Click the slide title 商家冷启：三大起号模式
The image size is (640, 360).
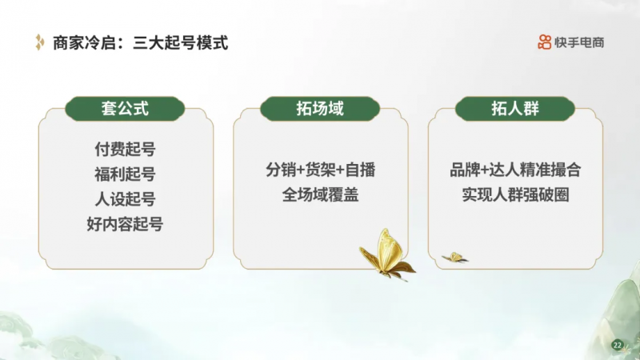(141, 43)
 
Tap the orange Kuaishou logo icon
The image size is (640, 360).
(545, 42)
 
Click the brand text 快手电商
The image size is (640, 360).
(579, 42)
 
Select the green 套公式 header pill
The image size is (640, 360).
(125, 109)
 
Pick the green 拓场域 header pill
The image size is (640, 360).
(320, 109)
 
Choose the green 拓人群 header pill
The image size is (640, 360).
(515, 109)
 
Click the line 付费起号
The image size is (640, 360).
(125, 150)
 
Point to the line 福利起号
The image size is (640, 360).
(125, 174)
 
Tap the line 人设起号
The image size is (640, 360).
(125, 199)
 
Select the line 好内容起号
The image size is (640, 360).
(125, 224)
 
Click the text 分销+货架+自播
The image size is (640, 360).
(321, 170)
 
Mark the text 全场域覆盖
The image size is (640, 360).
(321, 194)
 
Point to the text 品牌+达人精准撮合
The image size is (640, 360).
(515, 170)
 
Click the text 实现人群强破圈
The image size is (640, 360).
(515, 194)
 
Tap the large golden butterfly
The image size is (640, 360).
(387, 255)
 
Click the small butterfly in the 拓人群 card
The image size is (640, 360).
(454, 258)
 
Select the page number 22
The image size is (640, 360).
(617, 346)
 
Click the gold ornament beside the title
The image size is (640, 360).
(39, 42)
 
